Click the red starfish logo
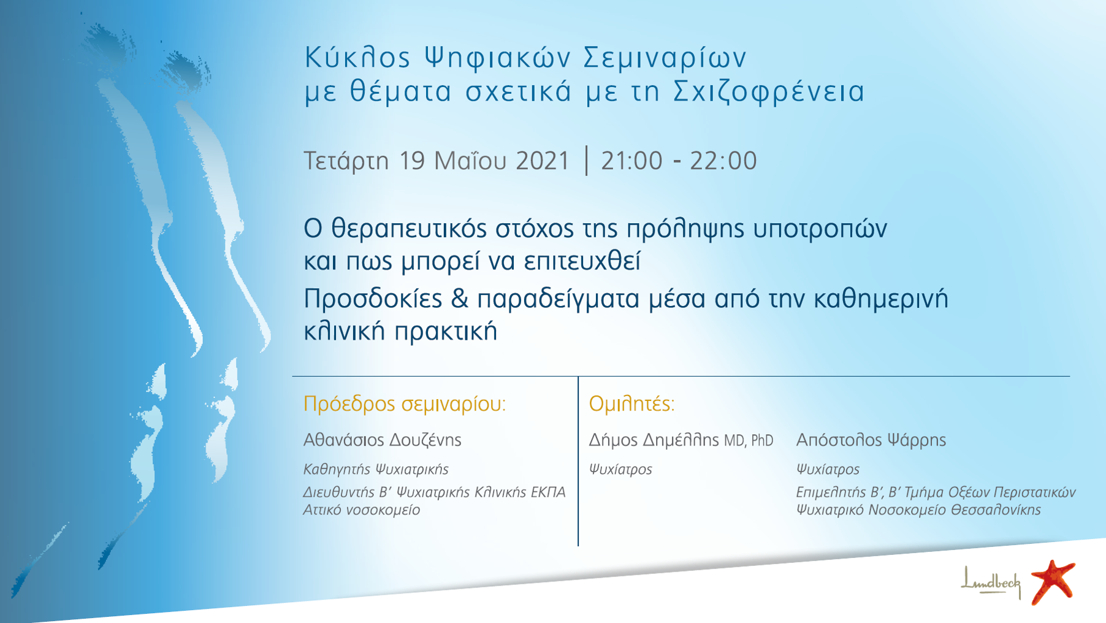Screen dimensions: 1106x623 (x=1053, y=582)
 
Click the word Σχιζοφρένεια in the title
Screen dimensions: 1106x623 (x=769, y=91)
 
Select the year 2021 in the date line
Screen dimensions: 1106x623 (x=543, y=161)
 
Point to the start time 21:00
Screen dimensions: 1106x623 (x=631, y=161)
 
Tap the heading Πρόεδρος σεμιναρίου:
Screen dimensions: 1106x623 (x=405, y=404)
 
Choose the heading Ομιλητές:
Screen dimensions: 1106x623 (x=631, y=404)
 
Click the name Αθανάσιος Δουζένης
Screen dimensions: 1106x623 (x=382, y=440)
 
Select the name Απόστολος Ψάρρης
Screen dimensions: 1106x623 (x=871, y=440)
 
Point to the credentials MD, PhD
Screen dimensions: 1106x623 (x=749, y=441)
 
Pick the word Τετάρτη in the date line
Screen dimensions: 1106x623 (x=346, y=161)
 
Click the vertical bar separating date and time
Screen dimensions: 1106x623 (x=587, y=161)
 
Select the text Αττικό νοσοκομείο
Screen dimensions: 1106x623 (x=362, y=510)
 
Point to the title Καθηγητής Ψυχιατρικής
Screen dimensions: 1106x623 (x=376, y=470)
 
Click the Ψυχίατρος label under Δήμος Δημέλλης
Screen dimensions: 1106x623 (x=620, y=470)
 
